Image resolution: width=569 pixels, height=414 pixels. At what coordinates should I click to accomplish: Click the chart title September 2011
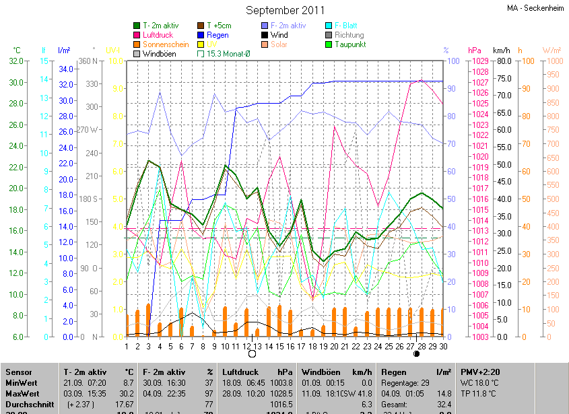[285, 10]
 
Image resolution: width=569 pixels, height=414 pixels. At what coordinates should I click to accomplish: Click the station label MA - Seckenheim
[535, 8]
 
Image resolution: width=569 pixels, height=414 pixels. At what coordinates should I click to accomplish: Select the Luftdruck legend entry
[159, 35]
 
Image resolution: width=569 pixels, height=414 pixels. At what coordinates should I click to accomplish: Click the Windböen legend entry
[160, 54]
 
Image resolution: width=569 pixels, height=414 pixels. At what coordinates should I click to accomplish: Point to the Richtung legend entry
[349, 35]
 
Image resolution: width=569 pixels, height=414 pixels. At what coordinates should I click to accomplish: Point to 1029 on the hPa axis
[480, 61]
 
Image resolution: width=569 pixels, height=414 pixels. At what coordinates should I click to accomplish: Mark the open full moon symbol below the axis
[252, 353]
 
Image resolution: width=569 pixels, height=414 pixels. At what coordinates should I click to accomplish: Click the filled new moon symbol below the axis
[416, 353]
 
